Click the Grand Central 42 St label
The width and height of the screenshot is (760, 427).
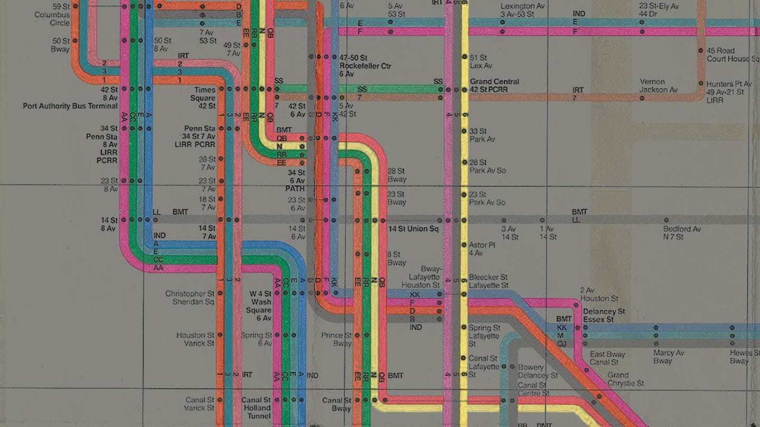click(x=495, y=86)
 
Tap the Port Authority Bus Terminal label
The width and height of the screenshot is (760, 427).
click(x=70, y=106)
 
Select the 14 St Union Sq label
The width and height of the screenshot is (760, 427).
click(x=413, y=229)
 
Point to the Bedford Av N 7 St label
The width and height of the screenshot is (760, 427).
click(x=682, y=233)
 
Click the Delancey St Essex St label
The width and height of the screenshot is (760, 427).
click(x=604, y=315)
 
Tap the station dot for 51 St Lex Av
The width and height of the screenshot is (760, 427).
click(x=464, y=57)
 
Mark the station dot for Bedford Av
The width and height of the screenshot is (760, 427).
click(x=666, y=220)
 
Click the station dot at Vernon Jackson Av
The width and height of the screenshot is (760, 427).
click(x=642, y=98)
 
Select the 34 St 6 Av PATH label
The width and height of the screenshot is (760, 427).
click(x=296, y=180)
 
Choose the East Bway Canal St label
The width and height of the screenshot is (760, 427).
click(x=607, y=358)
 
